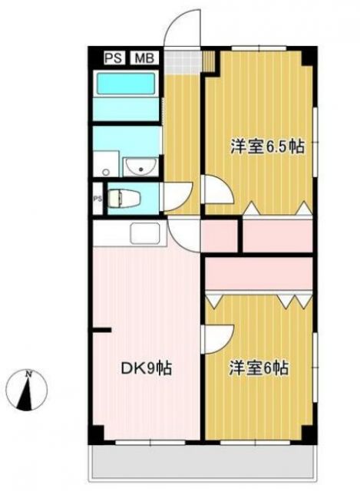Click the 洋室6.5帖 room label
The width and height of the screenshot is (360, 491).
coord(263,147)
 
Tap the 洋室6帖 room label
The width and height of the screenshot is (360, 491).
coord(258,368)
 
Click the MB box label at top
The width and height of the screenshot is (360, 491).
coord(144,58)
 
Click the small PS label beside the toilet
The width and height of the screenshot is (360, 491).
coord(97,199)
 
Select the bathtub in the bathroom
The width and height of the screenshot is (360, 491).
coord(125,94)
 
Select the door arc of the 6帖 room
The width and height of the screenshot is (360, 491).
coord(217,335)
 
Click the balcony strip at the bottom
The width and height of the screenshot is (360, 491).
coord(203,463)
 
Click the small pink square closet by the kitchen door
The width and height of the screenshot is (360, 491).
coord(220,236)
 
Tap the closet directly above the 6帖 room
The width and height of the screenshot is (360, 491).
coord(260,273)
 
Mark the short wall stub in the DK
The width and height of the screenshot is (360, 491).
coord(101,330)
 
